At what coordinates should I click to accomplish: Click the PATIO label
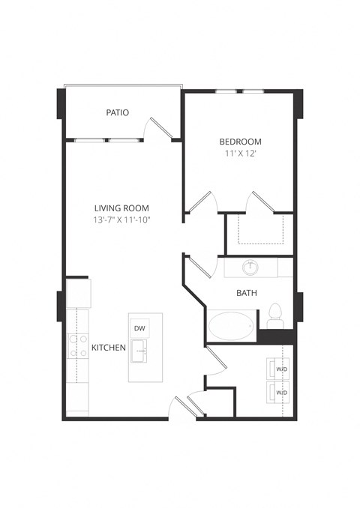pos(117,113)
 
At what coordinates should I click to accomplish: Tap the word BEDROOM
pos(240,142)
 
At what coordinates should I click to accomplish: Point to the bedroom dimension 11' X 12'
pos(240,154)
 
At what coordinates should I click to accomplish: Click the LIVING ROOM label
pos(121,208)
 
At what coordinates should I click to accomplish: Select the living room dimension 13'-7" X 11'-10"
pos(121,220)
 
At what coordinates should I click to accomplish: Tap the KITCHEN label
pos(108,348)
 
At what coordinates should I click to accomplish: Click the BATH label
pos(247,293)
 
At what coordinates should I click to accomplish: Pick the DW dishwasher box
pos(139,328)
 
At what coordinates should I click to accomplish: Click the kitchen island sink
pos(139,350)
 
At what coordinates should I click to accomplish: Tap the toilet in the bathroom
pos(275,315)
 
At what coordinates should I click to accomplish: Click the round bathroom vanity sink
pos(250,267)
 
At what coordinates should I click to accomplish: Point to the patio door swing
pos(159,127)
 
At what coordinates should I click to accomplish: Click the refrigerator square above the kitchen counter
pos(78,293)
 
